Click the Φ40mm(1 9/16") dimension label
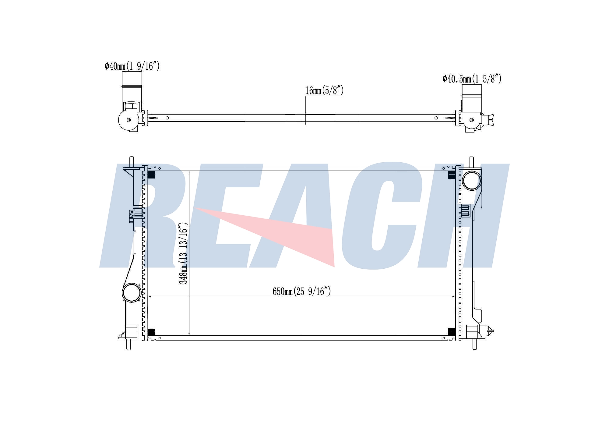pyautogui.click(x=132, y=66)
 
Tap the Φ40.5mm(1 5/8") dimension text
pyautogui.click(x=472, y=79)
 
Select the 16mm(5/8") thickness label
pyautogui.click(x=324, y=90)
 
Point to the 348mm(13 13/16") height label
pyautogui.click(x=183, y=253)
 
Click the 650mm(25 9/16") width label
pyautogui.click(x=301, y=291)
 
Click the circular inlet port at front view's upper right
pyautogui.click(x=471, y=180)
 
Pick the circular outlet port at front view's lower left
pyautogui.click(x=132, y=292)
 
